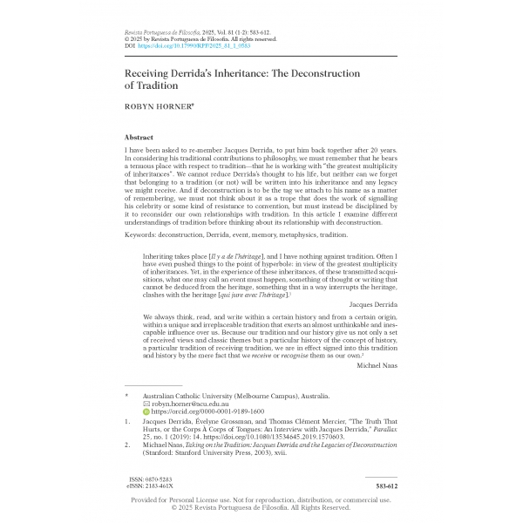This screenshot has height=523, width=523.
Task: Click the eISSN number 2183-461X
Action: pyautogui.click(x=166, y=486)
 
